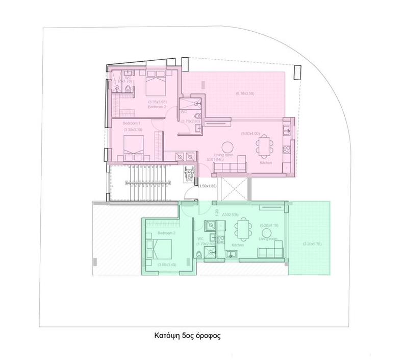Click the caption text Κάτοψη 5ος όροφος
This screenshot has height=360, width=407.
(x=187, y=337)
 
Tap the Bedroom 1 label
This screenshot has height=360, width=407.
(x=132, y=124)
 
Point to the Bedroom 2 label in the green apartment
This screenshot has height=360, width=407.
(x=166, y=233)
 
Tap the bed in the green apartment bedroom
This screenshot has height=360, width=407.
(x=160, y=249)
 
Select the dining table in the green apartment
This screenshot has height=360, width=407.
(x=245, y=228)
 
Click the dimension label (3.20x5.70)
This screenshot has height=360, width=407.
(x=309, y=243)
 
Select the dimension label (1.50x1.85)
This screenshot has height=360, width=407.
(x=208, y=186)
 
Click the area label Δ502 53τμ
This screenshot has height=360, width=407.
(x=230, y=215)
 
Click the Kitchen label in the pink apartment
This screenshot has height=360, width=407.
(x=266, y=163)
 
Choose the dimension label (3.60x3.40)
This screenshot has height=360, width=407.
(x=167, y=265)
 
